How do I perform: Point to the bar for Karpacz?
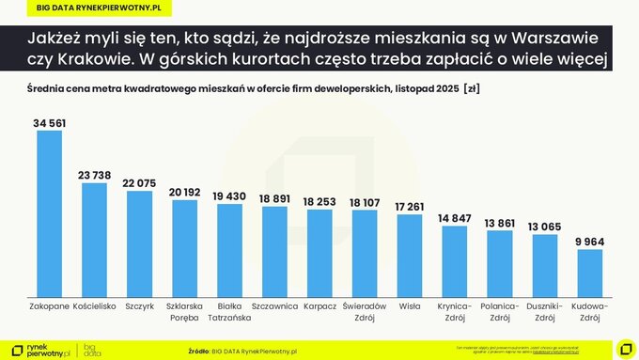pos(319,252)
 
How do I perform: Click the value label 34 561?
pos(49,123)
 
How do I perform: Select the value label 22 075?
pos(139,182)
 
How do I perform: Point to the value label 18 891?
pos(273,198)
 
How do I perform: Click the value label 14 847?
pos(454,218)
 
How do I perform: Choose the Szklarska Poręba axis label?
pos(184,311)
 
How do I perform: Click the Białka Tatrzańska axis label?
pos(228,311)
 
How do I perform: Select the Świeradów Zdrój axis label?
pos(364,311)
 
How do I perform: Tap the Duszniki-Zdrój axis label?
pos(544,311)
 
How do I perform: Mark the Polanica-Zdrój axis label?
pos(499,311)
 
